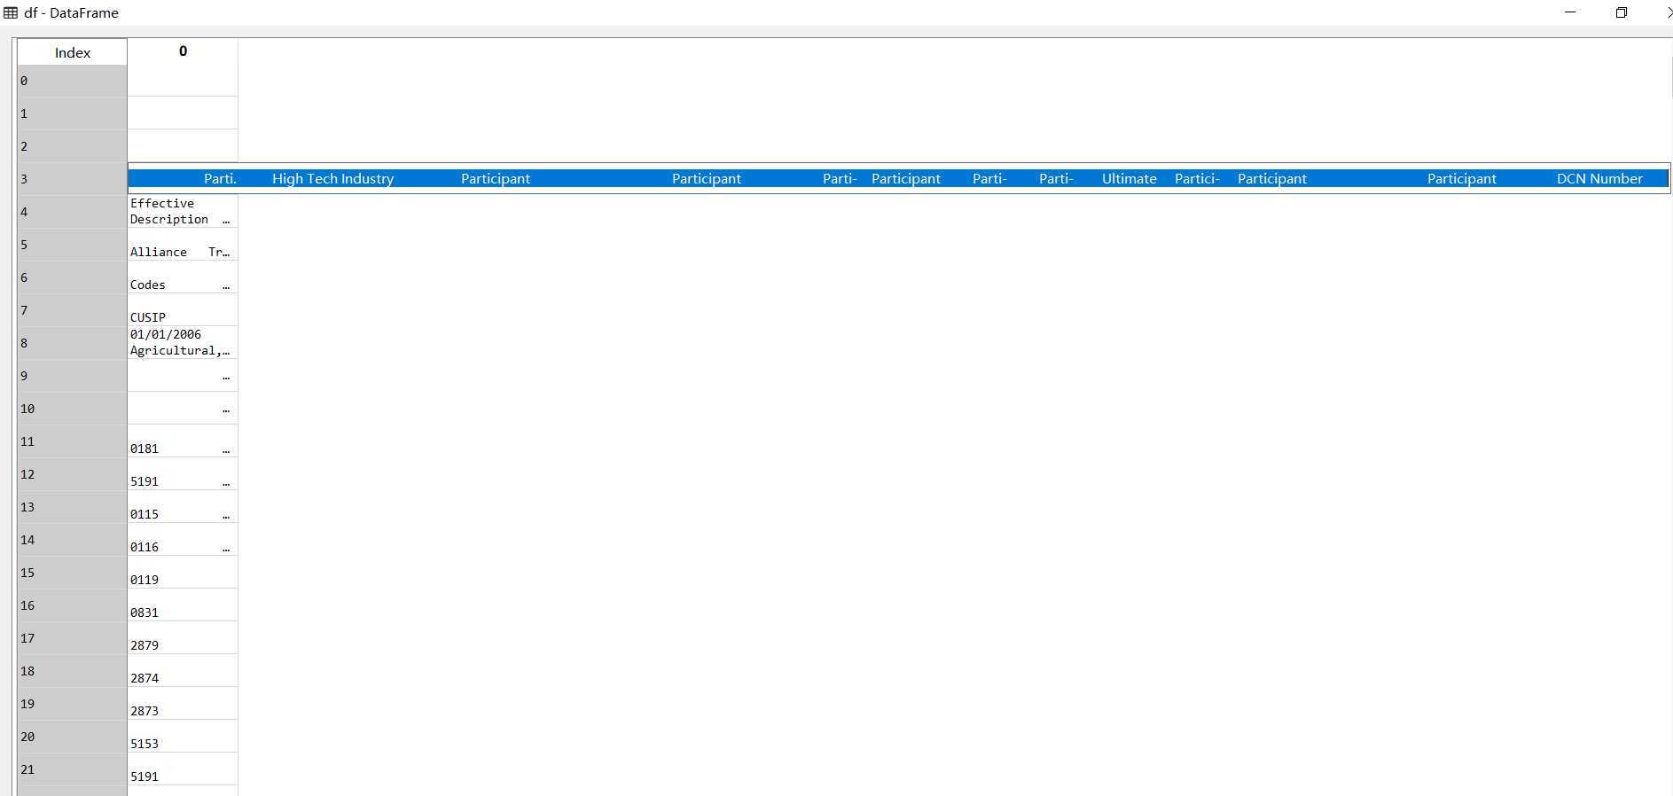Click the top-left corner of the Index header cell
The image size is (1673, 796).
18,39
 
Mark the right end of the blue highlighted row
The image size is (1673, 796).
1669,178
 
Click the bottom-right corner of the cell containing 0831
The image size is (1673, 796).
238,621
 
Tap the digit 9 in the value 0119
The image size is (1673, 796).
155,580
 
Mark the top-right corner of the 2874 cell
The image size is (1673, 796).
238,654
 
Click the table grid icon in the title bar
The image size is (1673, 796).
11,12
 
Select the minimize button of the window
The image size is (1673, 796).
1571,12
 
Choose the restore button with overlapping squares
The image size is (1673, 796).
1622,12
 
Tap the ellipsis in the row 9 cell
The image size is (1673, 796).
226,378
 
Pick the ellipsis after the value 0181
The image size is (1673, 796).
226,451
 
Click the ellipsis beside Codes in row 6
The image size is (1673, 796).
226,287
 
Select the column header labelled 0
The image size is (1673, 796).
183,51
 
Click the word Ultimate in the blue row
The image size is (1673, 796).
1129,178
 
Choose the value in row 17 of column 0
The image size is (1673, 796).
145,645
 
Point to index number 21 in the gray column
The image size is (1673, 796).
27,769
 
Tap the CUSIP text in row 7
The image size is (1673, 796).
148,317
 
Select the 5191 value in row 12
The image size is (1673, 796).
145,481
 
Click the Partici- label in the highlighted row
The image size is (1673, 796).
1197,178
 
